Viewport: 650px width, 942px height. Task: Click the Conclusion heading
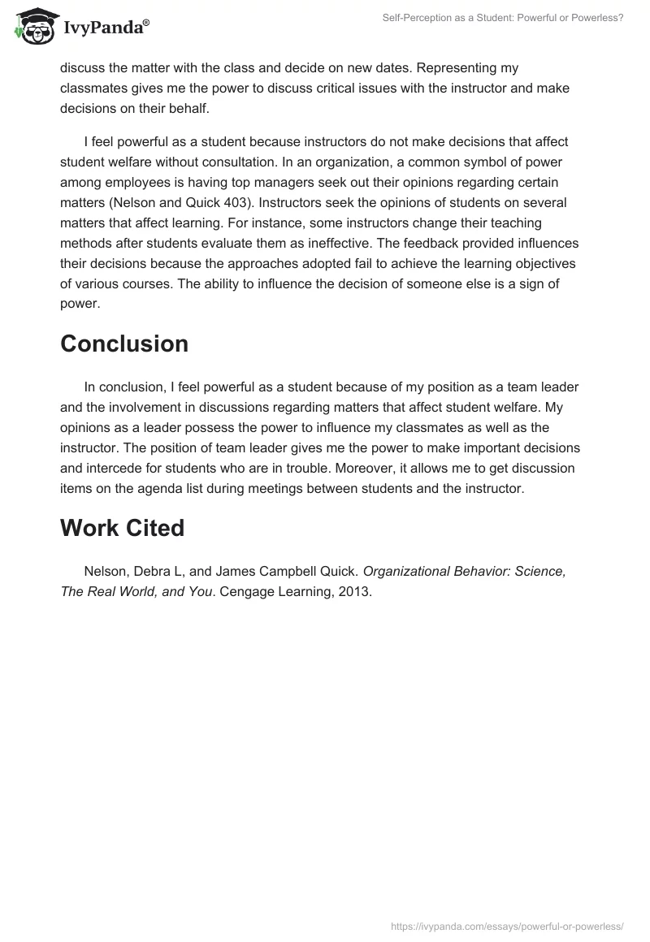pyautogui.click(x=124, y=344)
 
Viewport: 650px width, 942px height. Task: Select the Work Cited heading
pyautogui.click(x=122, y=528)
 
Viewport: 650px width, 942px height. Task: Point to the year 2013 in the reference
pyautogui.click(x=355, y=592)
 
